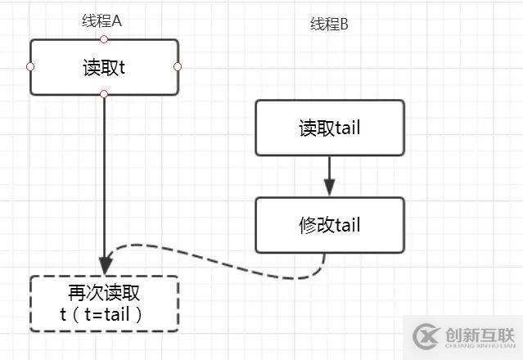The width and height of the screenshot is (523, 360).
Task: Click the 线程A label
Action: (103, 21)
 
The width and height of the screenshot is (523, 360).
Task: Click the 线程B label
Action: (329, 25)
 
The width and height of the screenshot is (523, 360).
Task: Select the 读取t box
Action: (104, 67)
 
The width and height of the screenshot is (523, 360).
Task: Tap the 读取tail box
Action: (329, 128)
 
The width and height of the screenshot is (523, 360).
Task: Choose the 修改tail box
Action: (329, 224)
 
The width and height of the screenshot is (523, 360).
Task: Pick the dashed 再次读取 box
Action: (104, 304)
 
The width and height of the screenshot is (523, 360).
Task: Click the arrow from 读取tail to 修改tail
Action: (329, 173)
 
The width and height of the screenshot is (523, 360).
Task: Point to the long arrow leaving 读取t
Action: (104, 180)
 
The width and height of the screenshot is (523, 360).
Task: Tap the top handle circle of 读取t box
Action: (104, 39)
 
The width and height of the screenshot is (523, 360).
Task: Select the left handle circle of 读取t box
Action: (31, 67)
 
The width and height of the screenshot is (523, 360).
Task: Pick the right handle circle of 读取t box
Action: (178, 67)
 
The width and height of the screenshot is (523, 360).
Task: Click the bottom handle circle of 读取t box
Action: (104, 95)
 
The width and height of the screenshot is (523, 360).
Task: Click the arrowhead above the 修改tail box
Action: (329, 189)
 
